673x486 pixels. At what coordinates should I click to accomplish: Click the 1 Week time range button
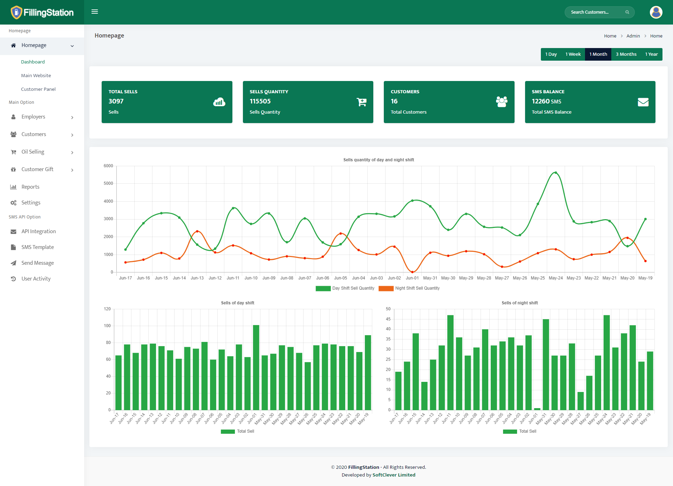pyautogui.click(x=573, y=54)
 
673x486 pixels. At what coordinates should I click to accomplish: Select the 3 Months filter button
pyautogui.click(x=626, y=54)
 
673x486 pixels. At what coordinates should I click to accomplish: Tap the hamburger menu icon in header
pyautogui.click(x=95, y=12)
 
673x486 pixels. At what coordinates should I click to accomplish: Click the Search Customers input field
pyautogui.click(x=596, y=12)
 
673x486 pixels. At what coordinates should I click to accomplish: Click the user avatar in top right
pyautogui.click(x=656, y=12)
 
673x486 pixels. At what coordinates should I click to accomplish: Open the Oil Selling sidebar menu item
pyautogui.click(x=33, y=152)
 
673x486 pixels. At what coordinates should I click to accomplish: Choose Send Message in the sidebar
pyautogui.click(x=38, y=263)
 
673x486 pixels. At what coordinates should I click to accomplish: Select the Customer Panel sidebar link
pyautogui.click(x=38, y=89)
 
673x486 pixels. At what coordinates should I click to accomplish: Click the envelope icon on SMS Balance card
pyautogui.click(x=643, y=102)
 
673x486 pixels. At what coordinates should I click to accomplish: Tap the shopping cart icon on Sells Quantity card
pyautogui.click(x=361, y=102)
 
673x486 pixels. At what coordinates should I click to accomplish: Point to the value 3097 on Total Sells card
pyautogui.click(x=116, y=101)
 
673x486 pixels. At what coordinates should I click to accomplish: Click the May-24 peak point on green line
pyautogui.click(x=556, y=173)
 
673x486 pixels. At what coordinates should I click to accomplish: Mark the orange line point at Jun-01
pyautogui.click(x=412, y=272)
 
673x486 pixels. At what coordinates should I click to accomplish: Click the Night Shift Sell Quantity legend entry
pyautogui.click(x=409, y=288)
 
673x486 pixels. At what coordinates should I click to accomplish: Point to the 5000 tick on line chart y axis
pyautogui.click(x=108, y=183)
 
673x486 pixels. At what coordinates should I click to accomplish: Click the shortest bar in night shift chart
pyautogui.click(x=537, y=409)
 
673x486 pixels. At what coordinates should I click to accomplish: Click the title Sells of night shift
pyautogui.click(x=519, y=303)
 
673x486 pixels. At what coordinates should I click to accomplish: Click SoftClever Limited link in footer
pyautogui.click(x=394, y=475)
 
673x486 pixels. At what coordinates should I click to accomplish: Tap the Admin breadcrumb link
pyautogui.click(x=633, y=36)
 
